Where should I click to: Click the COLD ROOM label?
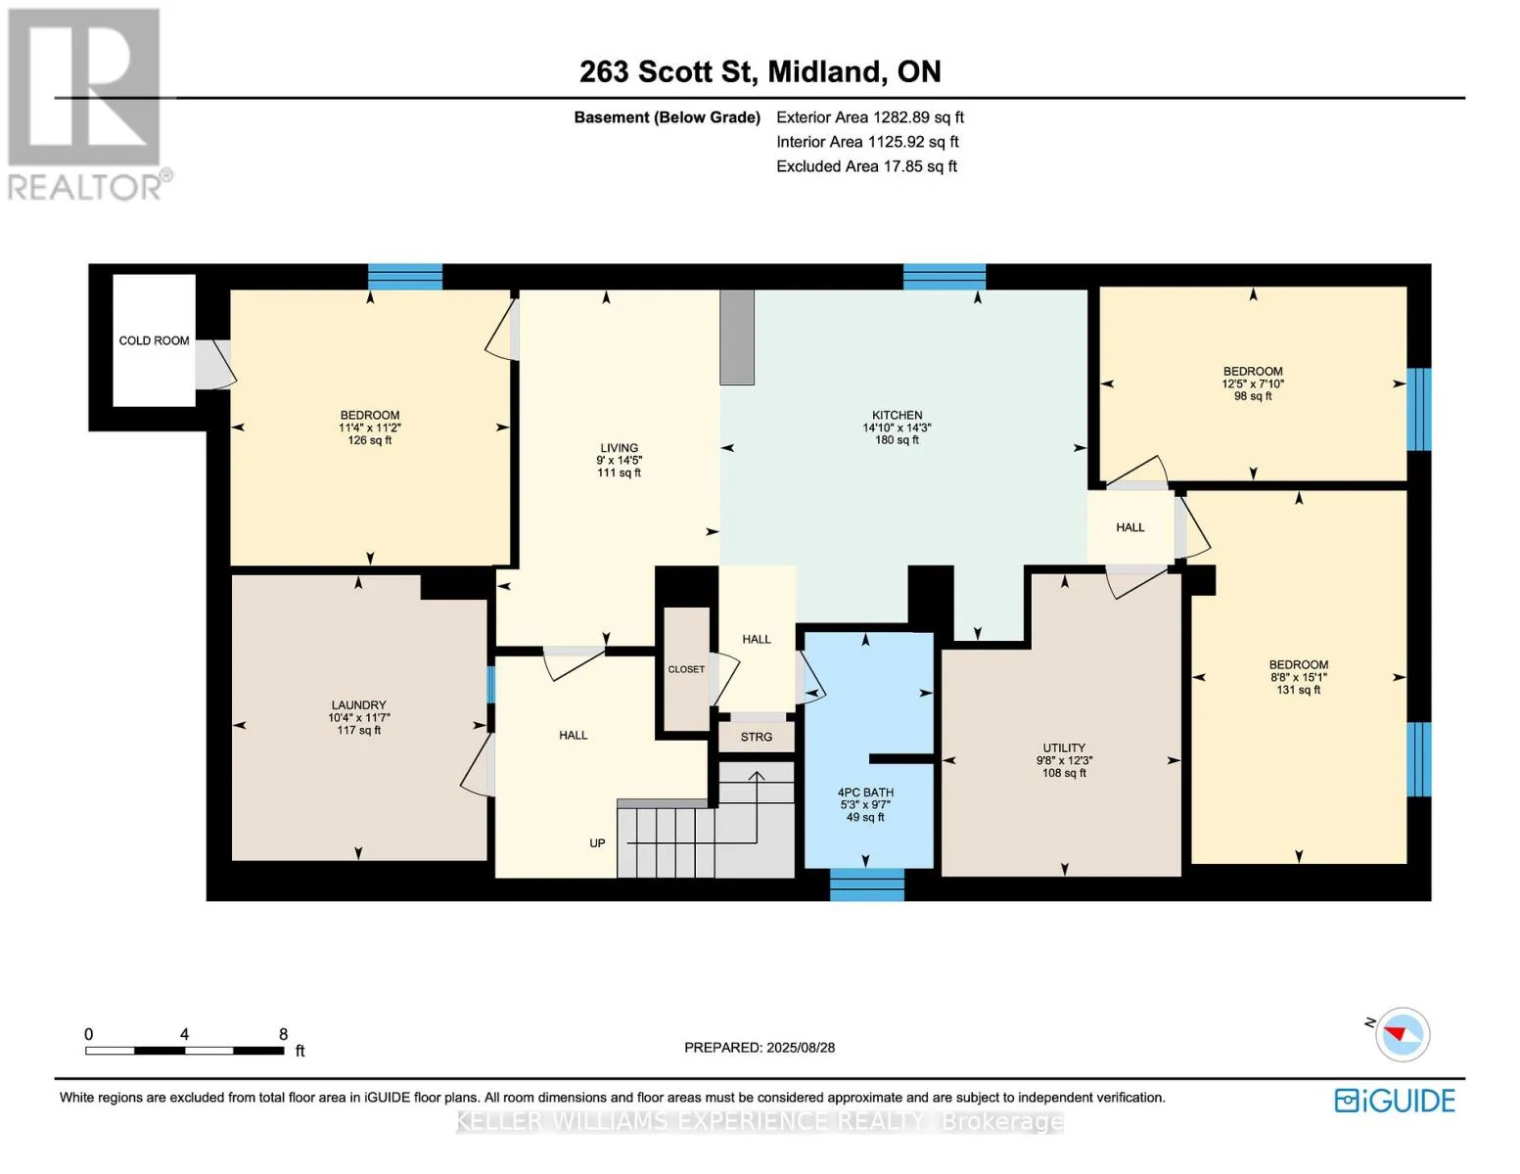(x=154, y=340)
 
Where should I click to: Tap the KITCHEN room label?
(x=897, y=415)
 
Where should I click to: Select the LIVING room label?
(x=619, y=447)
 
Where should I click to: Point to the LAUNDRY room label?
(x=359, y=704)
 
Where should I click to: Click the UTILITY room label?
(x=1064, y=747)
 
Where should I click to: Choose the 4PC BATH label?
(x=865, y=792)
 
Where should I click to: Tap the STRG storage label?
(x=757, y=737)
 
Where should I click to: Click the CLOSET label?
(x=686, y=669)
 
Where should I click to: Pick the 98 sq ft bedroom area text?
(x=1253, y=396)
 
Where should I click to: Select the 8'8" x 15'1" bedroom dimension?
(x=1298, y=677)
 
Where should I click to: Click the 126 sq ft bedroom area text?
(x=369, y=440)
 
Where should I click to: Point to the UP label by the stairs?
(x=597, y=843)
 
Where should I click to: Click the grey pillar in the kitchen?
(x=737, y=337)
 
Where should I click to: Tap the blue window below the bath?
(x=866, y=884)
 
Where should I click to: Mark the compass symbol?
(x=1402, y=1035)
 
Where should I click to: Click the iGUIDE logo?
(x=1395, y=1101)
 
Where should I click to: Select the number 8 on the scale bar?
(x=283, y=1034)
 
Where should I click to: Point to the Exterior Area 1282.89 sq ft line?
(x=870, y=117)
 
